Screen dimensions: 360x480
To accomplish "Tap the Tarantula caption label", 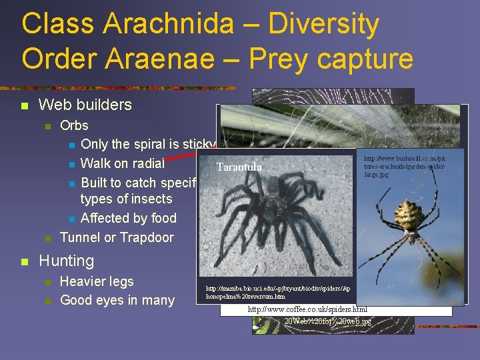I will click(239, 167).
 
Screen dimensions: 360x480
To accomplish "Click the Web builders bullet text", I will click(85, 105).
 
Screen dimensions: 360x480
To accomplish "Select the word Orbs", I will click(74, 125).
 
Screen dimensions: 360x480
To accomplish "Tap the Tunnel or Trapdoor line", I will click(117, 237).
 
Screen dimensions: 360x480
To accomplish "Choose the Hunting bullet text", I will click(67, 261).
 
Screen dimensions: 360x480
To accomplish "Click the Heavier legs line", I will click(97, 281).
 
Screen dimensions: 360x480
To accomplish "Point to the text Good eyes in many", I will click(117, 300).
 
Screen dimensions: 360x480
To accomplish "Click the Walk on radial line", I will click(122, 163).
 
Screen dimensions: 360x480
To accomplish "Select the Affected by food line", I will click(129, 218).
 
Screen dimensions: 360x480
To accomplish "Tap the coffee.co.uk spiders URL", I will click(307, 310).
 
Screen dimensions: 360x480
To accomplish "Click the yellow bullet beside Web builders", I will click(25, 105).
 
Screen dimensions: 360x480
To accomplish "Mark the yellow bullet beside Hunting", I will click(25, 261).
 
